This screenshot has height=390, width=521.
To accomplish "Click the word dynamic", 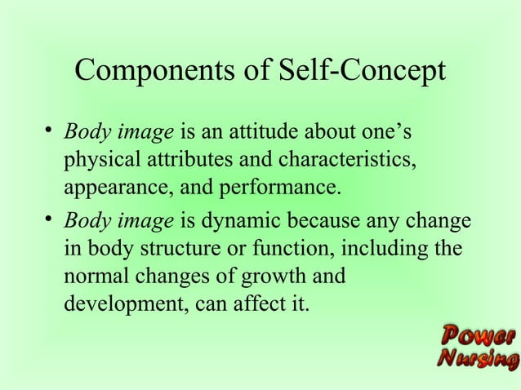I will pyautogui.click(x=240, y=220).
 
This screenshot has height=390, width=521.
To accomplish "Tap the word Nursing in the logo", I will pyautogui.click(x=478, y=359).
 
